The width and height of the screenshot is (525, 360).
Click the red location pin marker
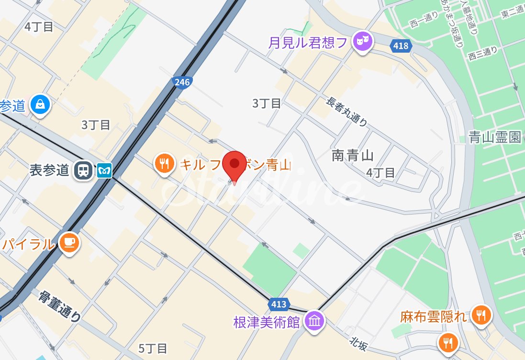[x=235, y=164]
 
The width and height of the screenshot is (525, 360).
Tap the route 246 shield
[x=182, y=83]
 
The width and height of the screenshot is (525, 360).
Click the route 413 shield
[x=278, y=304]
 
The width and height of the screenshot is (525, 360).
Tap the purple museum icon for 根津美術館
[x=315, y=320]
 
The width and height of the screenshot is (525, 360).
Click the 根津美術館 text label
[x=267, y=322]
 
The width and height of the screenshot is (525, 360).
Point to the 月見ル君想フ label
[x=308, y=43]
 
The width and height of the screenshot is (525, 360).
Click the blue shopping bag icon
[x=41, y=105]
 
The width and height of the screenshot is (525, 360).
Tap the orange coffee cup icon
[x=70, y=243]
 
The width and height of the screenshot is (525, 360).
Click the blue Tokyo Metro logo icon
[x=104, y=170]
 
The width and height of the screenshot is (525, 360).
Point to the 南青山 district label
[x=352, y=156]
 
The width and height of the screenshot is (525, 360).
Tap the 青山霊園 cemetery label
[x=494, y=138]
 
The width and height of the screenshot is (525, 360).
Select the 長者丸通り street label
[x=347, y=112]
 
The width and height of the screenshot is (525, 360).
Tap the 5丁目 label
[x=153, y=348]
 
